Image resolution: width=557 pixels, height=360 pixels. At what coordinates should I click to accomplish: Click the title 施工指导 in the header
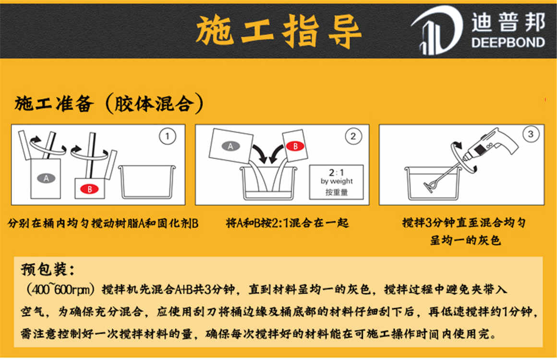tap(279, 30)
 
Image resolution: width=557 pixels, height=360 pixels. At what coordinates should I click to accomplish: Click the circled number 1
tap(167, 137)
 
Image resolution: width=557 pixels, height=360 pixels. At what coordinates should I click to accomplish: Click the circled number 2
tap(352, 137)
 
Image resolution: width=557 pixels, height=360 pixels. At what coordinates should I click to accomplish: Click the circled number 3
tap(530, 134)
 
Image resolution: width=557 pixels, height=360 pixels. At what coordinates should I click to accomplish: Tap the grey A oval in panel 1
tap(46, 178)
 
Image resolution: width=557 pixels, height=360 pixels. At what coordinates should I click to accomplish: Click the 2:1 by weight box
tap(336, 182)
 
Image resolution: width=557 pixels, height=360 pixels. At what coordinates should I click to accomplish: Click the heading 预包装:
tap(48, 270)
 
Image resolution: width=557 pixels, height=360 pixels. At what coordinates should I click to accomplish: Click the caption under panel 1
tap(103, 223)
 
